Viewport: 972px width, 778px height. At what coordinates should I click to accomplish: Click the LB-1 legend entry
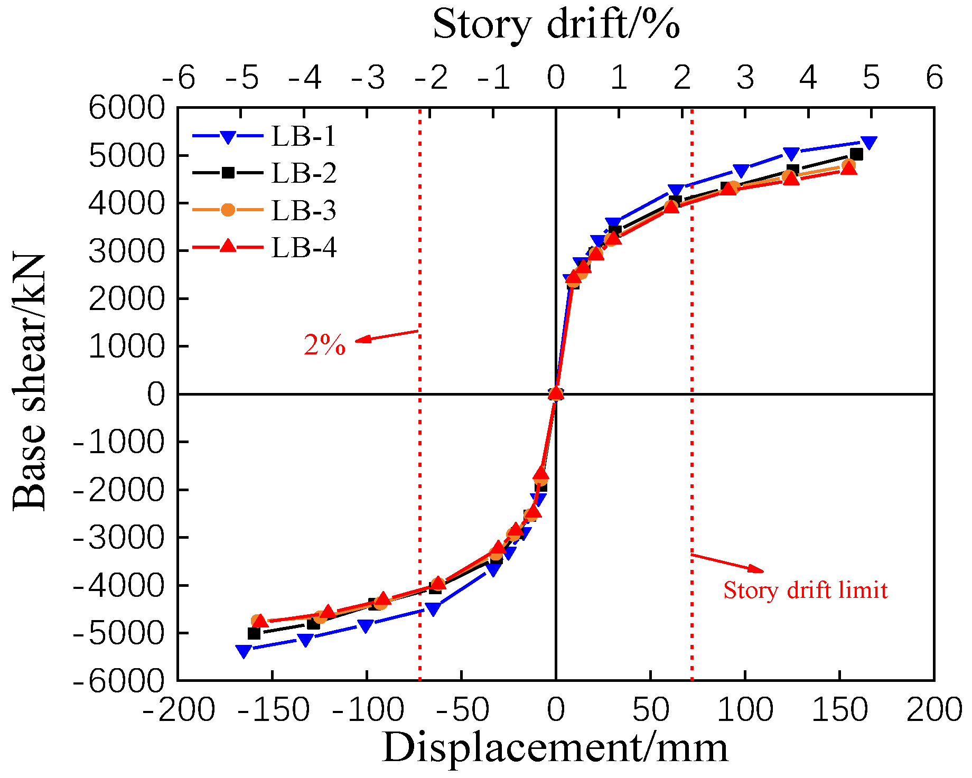pyautogui.click(x=303, y=137)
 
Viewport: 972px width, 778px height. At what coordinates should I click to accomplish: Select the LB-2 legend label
pyautogui.click(x=303, y=174)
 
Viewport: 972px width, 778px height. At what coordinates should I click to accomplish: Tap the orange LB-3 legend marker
pyautogui.click(x=228, y=210)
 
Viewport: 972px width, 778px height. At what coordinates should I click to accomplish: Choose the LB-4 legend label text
pyautogui.click(x=303, y=248)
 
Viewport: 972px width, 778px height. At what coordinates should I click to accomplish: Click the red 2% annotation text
pyautogui.click(x=324, y=345)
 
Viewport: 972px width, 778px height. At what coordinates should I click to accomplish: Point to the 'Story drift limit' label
pyautogui.click(x=805, y=590)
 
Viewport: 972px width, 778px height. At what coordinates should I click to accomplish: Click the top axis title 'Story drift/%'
pyautogui.click(x=556, y=24)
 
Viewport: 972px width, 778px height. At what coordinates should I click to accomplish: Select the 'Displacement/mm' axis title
pyautogui.click(x=555, y=748)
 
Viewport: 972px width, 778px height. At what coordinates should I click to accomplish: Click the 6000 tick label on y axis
pyautogui.click(x=127, y=108)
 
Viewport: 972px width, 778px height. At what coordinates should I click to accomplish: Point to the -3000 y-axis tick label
pyautogui.click(x=119, y=538)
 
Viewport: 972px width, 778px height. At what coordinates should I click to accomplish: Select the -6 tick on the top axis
pyautogui.click(x=179, y=78)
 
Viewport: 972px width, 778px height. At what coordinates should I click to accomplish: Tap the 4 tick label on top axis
pyautogui.click(x=808, y=78)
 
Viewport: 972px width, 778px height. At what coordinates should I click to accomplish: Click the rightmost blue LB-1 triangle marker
pyautogui.click(x=868, y=142)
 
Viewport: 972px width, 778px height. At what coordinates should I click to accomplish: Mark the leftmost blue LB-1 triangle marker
pyautogui.click(x=244, y=651)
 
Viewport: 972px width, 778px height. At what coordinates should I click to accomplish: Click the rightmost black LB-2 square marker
pyautogui.click(x=857, y=154)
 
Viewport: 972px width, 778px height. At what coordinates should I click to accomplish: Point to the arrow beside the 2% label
pyautogui.click(x=387, y=336)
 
